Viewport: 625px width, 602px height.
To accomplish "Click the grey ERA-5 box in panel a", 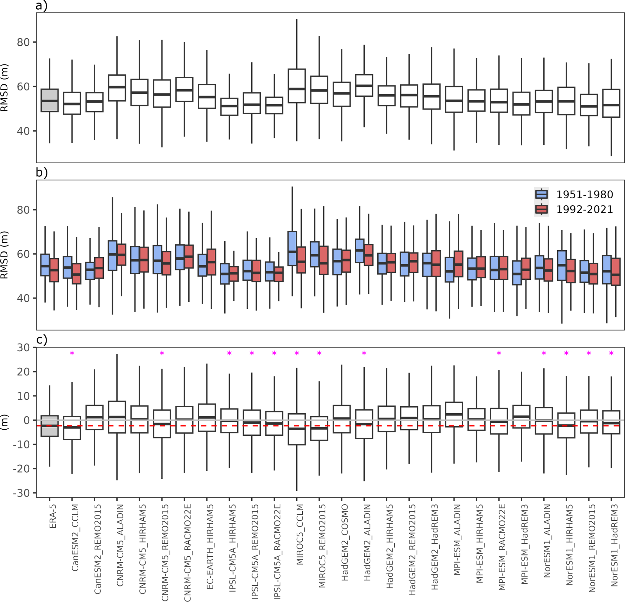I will tap(49, 100).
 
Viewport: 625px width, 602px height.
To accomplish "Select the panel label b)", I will tap(41, 173).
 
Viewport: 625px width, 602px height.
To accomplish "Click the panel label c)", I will tap(41, 340).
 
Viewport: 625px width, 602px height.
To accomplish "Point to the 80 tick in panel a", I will tap(23, 42).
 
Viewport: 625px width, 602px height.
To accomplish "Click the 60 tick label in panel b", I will tap(23, 254).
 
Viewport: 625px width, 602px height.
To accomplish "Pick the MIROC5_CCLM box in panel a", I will tap(297, 86).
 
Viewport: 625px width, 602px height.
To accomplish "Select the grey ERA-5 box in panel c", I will tap(49, 426).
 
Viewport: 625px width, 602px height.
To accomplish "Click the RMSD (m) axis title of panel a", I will tap(5, 88).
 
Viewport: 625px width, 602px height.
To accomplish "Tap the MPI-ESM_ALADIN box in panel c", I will tap(454, 415).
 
